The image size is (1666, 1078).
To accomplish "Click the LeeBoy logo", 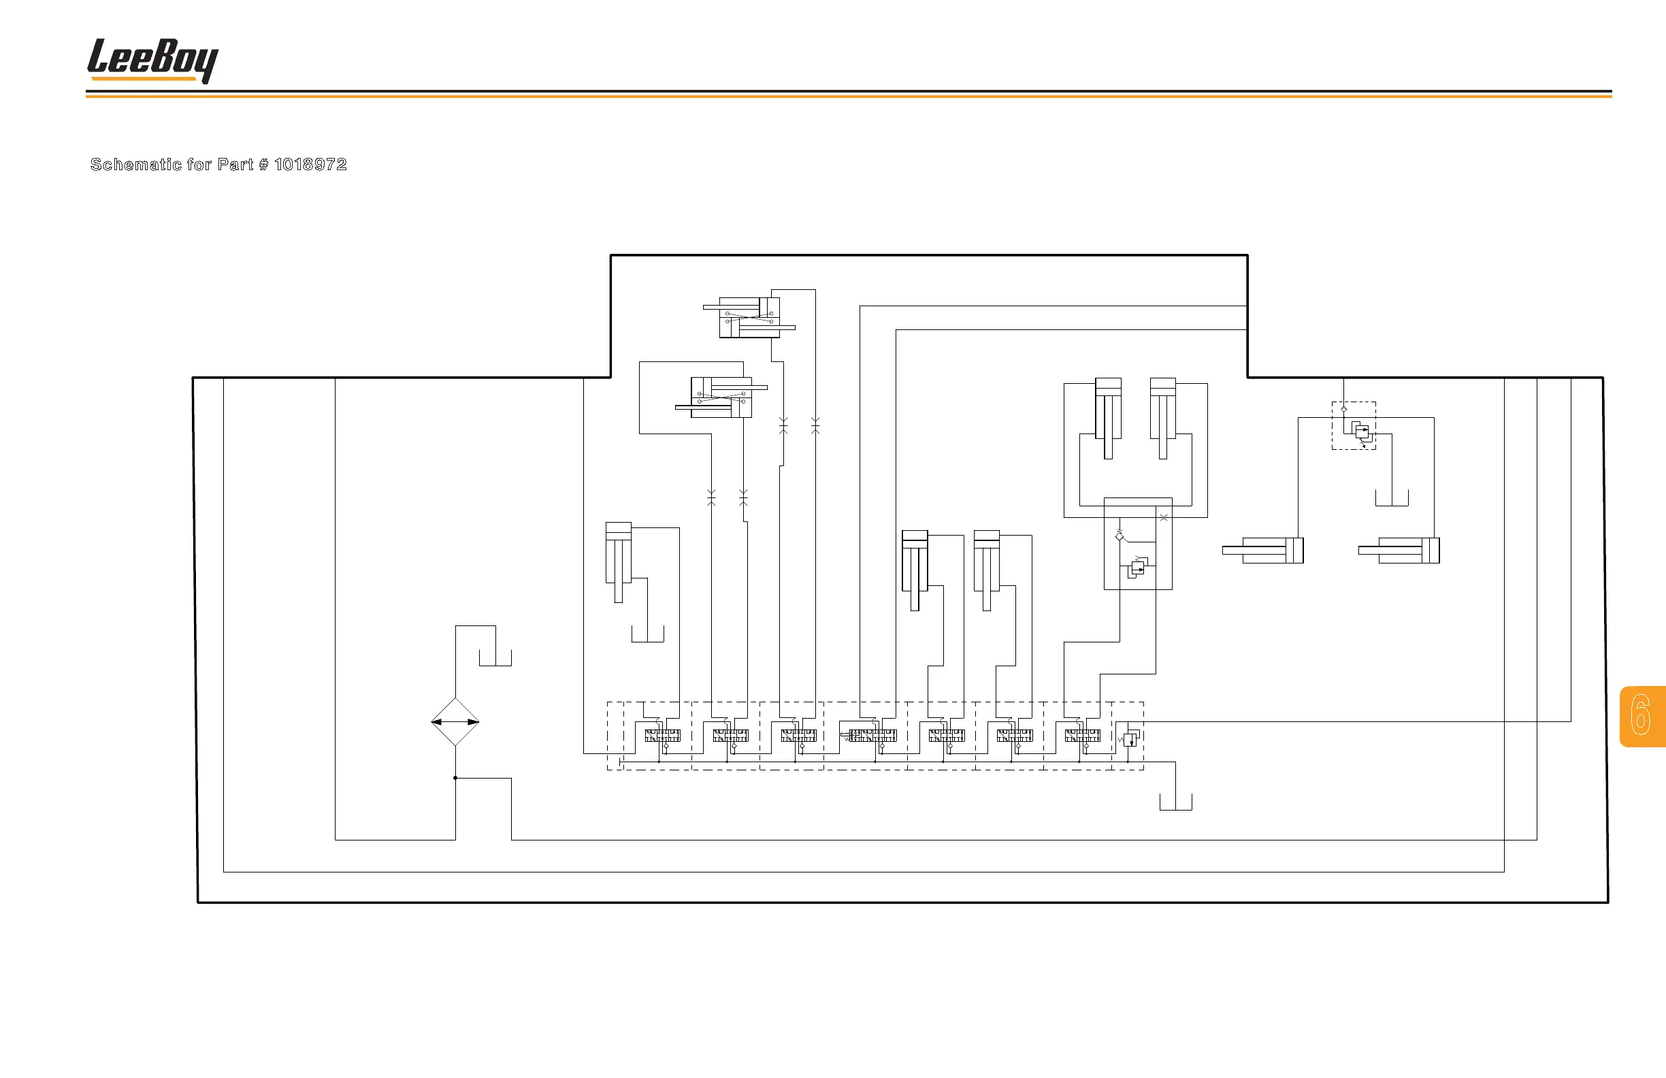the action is point(152,60).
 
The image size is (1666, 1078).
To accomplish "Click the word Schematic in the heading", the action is point(136,165).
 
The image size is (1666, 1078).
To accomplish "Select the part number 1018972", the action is point(310,165).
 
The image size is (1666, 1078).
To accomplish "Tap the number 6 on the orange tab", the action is point(1641,715).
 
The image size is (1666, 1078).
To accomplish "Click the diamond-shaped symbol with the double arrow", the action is point(455,721).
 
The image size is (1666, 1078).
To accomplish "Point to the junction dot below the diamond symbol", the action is point(455,778).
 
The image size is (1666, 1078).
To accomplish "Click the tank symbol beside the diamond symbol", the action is point(495,658).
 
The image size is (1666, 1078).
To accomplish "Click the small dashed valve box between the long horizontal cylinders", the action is point(1354,425).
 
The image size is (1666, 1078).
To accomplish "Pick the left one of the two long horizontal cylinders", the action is point(1263,550).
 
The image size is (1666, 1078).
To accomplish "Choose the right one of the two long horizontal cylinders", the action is point(1399,550).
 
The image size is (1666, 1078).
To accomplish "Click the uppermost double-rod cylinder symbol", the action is point(749,317).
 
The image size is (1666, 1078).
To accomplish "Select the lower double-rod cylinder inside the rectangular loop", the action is point(721,397).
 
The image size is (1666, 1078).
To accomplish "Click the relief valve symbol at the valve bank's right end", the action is point(1130,738).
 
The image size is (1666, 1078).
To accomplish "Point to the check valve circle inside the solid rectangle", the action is point(1120,536).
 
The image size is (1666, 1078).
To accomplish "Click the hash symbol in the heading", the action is point(263,165).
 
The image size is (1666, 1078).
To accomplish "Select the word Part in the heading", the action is point(235,165).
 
